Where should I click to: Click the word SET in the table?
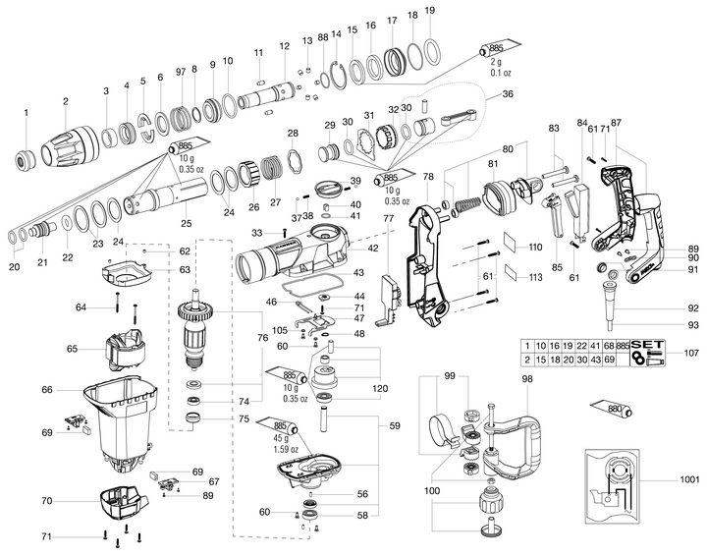647,346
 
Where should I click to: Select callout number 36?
507,94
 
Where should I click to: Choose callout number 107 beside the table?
691,353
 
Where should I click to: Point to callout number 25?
185,223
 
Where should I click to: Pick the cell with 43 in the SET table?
592,361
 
